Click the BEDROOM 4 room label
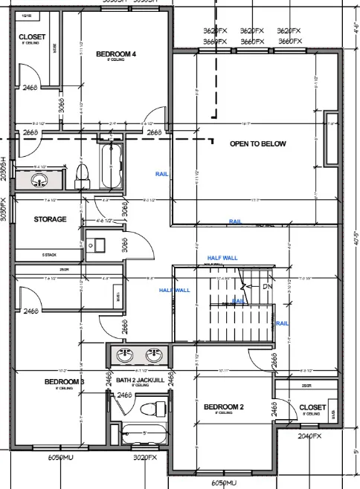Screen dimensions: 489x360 (117, 54)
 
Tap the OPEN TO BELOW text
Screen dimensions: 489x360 (258, 143)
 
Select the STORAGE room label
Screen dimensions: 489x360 (51, 219)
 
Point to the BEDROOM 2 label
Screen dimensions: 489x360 (224, 407)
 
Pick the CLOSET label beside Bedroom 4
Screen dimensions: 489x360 (31, 36)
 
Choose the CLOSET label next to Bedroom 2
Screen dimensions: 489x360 (312, 407)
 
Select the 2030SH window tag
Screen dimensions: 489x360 (4, 168)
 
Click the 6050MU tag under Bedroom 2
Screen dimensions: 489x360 (224, 483)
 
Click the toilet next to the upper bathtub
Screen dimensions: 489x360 (83, 173)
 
